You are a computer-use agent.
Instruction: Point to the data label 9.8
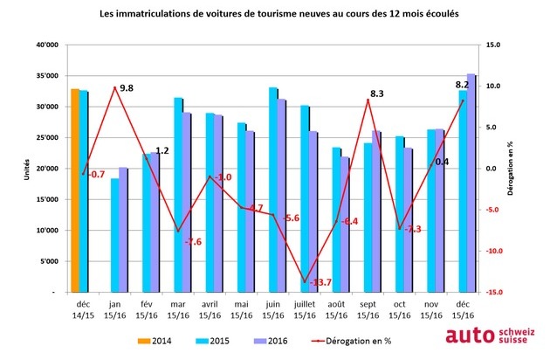pos(127,88)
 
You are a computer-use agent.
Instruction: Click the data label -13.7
pos(323,281)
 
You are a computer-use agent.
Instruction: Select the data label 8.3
pos(378,93)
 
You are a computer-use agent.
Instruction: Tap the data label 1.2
pos(162,150)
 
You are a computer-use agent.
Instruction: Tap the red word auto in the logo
pos(470,336)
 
